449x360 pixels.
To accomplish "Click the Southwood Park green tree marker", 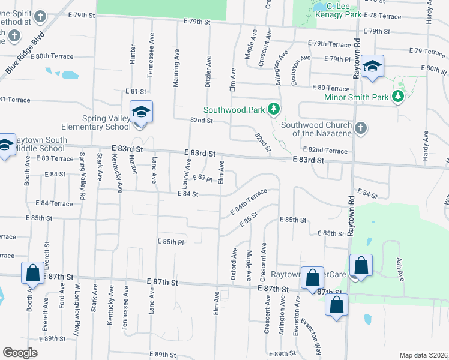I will tap(274, 109).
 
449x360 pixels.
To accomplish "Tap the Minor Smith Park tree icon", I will tap(397, 96).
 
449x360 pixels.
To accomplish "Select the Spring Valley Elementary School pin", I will tap(142, 112).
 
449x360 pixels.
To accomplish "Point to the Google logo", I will tap(20, 352).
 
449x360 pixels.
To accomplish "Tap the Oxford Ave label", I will tap(234, 265).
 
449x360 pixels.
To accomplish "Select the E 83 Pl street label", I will tap(205, 179).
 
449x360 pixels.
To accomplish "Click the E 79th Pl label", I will tap(340, 59).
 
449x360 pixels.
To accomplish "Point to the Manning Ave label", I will tap(176, 68).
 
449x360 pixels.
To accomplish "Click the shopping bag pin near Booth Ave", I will tap(32, 273).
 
